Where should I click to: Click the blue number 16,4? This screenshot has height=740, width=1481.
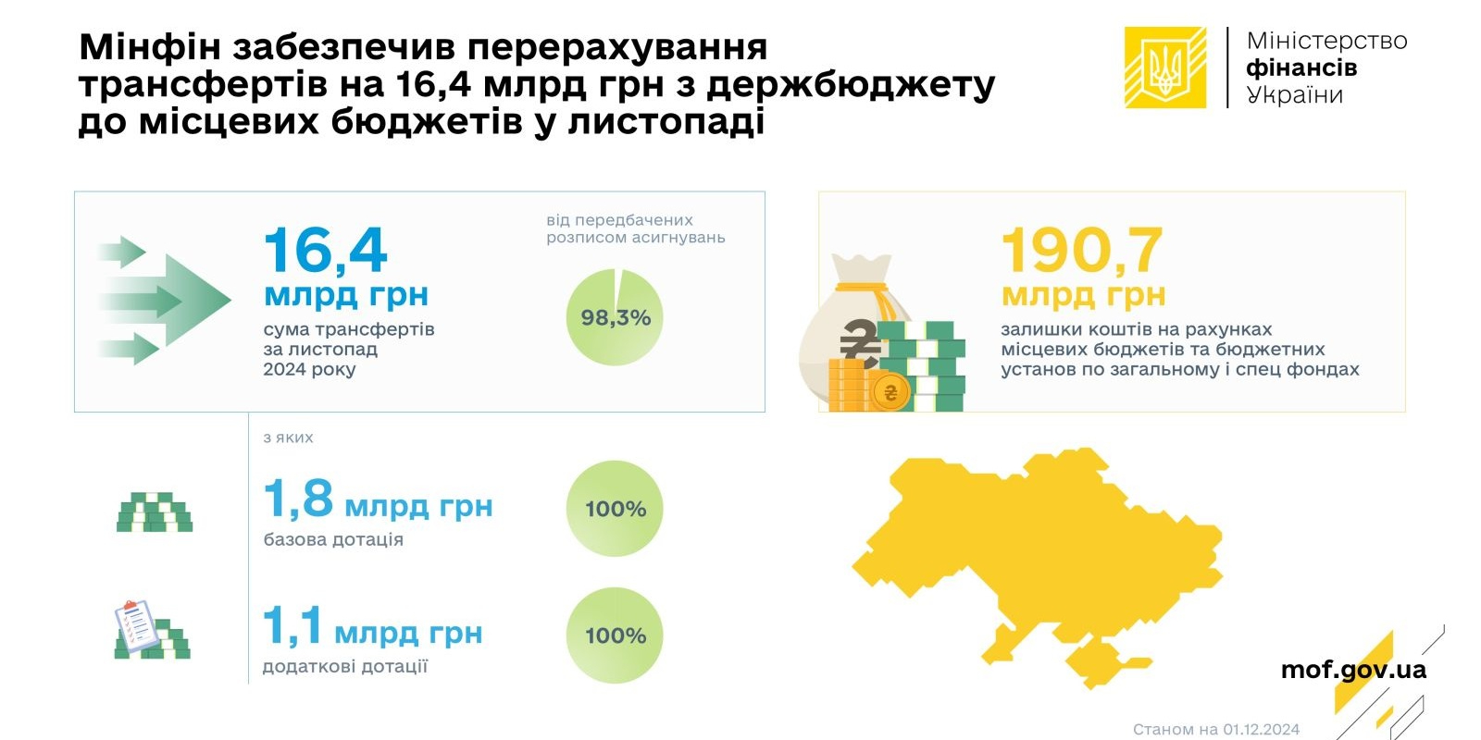click(325, 251)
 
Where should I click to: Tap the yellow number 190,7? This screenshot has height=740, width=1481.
click(1082, 251)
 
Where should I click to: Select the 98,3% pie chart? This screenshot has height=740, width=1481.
click(615, 317)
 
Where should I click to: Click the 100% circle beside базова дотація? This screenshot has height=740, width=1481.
click(615, 508)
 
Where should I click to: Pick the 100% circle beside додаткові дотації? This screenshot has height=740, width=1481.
click(615, 635)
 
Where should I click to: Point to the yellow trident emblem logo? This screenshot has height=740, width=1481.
click(1165, 68)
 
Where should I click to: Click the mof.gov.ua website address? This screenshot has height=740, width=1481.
click(1353, 670)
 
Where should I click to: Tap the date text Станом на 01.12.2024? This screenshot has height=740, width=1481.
click(1216, 729)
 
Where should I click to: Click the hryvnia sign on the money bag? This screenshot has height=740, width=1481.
click(860, 342)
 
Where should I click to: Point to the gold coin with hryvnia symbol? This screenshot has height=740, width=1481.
click(890, 393)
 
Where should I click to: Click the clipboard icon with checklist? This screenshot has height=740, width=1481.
click(136, 625)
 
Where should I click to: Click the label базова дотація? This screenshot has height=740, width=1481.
click(333, 540)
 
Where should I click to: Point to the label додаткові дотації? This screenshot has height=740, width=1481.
click(345, 667)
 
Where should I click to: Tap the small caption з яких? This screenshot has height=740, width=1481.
click(288, 438)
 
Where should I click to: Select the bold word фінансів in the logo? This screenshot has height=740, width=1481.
click(1301, 68)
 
